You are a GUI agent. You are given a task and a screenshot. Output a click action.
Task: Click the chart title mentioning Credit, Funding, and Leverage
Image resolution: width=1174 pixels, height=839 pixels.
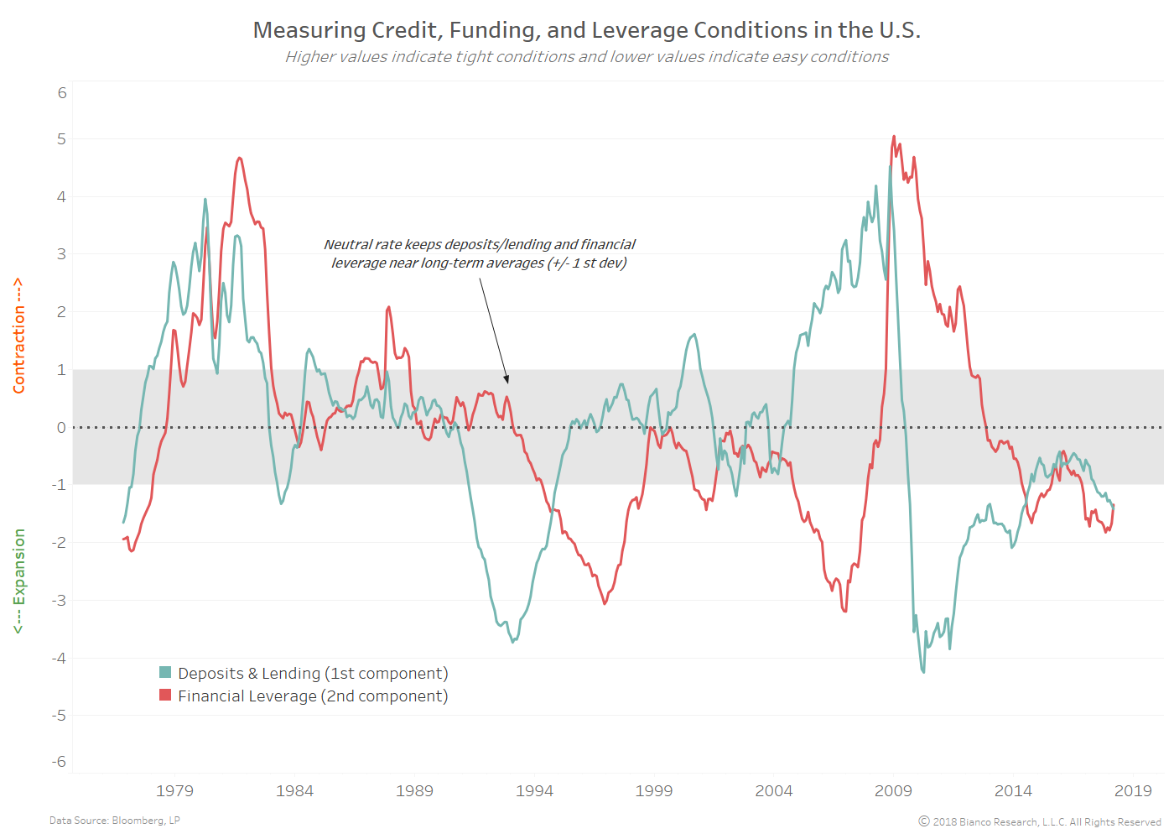click(587, 30)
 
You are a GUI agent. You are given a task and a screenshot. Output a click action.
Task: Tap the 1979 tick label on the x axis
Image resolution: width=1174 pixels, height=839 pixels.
click(174, 790)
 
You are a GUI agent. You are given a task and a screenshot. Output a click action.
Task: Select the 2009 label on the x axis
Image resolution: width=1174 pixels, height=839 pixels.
click(893, 790)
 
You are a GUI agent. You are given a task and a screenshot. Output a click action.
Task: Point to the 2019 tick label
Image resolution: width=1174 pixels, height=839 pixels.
click(1133, 790)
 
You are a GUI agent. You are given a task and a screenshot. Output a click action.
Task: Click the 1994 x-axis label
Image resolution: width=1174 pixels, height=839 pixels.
click(534, 790)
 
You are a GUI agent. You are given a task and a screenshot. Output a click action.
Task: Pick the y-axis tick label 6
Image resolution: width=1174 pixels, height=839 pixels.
click(62, 93)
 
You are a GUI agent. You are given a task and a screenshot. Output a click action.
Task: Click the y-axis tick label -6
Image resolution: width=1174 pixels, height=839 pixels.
click(59, 762)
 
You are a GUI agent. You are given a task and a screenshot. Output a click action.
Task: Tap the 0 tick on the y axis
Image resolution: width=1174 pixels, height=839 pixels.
click(61, 428)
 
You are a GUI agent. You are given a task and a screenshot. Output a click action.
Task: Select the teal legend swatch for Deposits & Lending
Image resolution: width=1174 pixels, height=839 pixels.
click(165, 673)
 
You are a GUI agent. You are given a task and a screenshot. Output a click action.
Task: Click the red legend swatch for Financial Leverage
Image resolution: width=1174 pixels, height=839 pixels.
click(165, 696)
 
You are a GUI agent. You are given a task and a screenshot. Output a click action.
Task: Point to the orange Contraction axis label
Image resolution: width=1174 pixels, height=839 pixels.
click(18, 336)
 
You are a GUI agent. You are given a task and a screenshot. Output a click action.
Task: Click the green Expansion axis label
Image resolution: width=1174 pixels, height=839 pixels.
click(18, 581)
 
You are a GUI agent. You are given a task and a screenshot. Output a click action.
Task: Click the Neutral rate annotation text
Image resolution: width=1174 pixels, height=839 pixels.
click(479, 253)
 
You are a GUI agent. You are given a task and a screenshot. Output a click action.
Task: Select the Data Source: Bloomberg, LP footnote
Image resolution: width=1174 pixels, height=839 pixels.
click(115, 821)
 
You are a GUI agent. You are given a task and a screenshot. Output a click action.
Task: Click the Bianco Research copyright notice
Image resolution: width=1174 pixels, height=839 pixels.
click(1040, 822)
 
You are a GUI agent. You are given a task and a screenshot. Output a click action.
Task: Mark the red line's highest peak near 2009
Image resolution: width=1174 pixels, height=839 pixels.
click(894, 137)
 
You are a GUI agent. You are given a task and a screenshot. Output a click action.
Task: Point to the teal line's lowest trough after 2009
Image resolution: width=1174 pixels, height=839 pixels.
click(923, 672)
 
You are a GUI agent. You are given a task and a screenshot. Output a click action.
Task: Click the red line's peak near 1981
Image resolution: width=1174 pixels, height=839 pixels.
click(240, 158)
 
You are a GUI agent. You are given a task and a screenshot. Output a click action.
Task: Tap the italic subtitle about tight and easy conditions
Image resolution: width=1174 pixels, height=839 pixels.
click(587, 57)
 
